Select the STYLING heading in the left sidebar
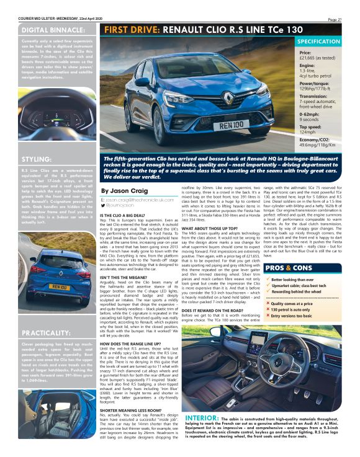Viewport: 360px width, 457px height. (x=36, y=159)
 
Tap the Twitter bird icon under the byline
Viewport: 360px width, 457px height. (x=103, y=205)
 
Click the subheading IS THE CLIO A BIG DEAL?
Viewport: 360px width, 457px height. (x=128, y=215)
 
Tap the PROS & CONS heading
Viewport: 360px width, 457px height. (x=289, y=251)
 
